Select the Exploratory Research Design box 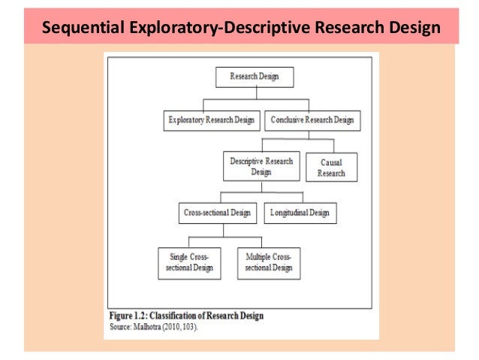(x=212, y=119)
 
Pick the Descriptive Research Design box (x=261, y=166)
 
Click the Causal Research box (x=332, y=167)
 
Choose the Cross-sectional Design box (x=218, y=213)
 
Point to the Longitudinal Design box (x=300, y=213)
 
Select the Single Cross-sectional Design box (x=190, y=262)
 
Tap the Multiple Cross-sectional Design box (x=268, y=262)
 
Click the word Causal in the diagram (x=332, y=162)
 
